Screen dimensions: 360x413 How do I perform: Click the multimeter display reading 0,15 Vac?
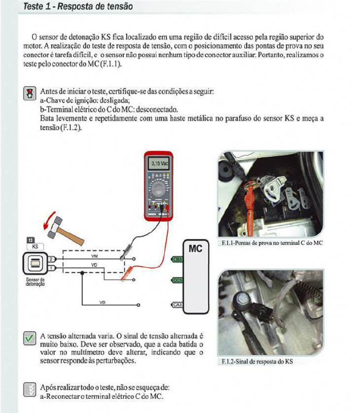click(x=159, y=164)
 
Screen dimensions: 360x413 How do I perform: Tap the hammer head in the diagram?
click(x=55, y=227)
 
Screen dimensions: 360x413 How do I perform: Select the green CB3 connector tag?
click(x=178, y=259)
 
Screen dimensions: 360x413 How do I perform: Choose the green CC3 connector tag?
click(x=178, y=280)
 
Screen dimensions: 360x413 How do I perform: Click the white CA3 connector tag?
click(x=178, y=305)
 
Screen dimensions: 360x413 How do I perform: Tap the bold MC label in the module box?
click(x=196, y=249)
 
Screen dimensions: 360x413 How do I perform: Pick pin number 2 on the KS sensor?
click(x=52, y=259)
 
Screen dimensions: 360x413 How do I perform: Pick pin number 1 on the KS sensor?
click(x=52, y=268)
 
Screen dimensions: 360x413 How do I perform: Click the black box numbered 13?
click(x=31, y=240)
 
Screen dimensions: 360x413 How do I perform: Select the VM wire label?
click(x=94, y=256)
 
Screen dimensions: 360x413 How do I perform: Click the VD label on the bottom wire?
click(x=102, y=303)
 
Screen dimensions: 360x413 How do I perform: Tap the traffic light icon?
click(x=30, y=93)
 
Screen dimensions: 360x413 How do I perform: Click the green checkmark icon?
click(x=30, y=338)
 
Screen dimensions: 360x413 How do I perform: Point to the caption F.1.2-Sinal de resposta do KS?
click(x=257, y=362)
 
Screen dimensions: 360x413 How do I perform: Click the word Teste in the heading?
click(x=34, y=6)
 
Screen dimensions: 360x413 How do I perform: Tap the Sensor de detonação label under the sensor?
click(x=36, y=282)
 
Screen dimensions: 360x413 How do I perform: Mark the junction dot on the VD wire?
click(x=82, y=273)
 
